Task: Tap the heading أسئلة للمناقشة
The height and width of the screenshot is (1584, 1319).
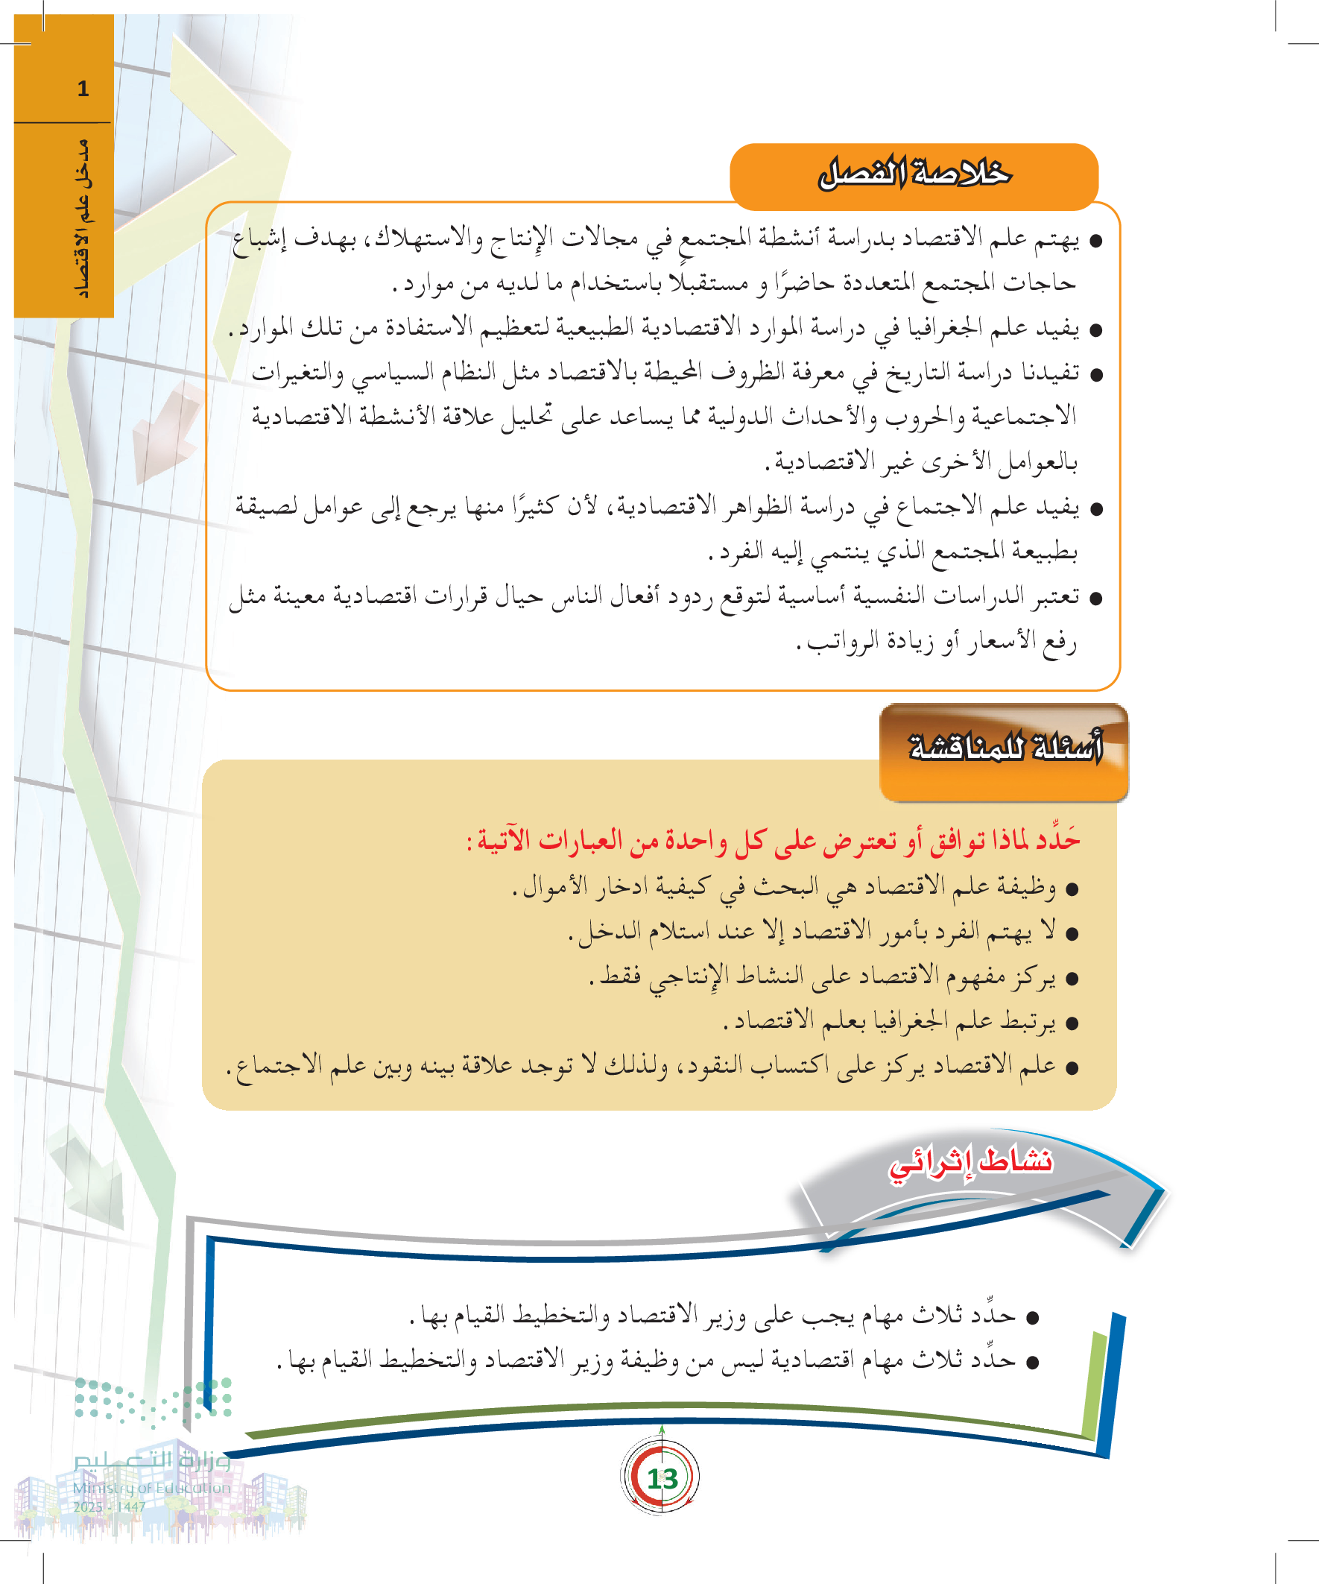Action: tap(1005, 748)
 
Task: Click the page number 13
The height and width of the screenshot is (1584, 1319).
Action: tap(662, 1478)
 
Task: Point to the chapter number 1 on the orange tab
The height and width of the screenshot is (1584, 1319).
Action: tap(83, 89)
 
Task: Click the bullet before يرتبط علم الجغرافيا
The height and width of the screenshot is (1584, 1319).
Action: tap(1072, 1023)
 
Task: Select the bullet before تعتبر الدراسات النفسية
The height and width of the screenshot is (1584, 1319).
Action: tap(1096, 599)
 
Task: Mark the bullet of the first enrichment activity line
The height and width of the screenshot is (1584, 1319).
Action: tap(1033, 1316)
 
